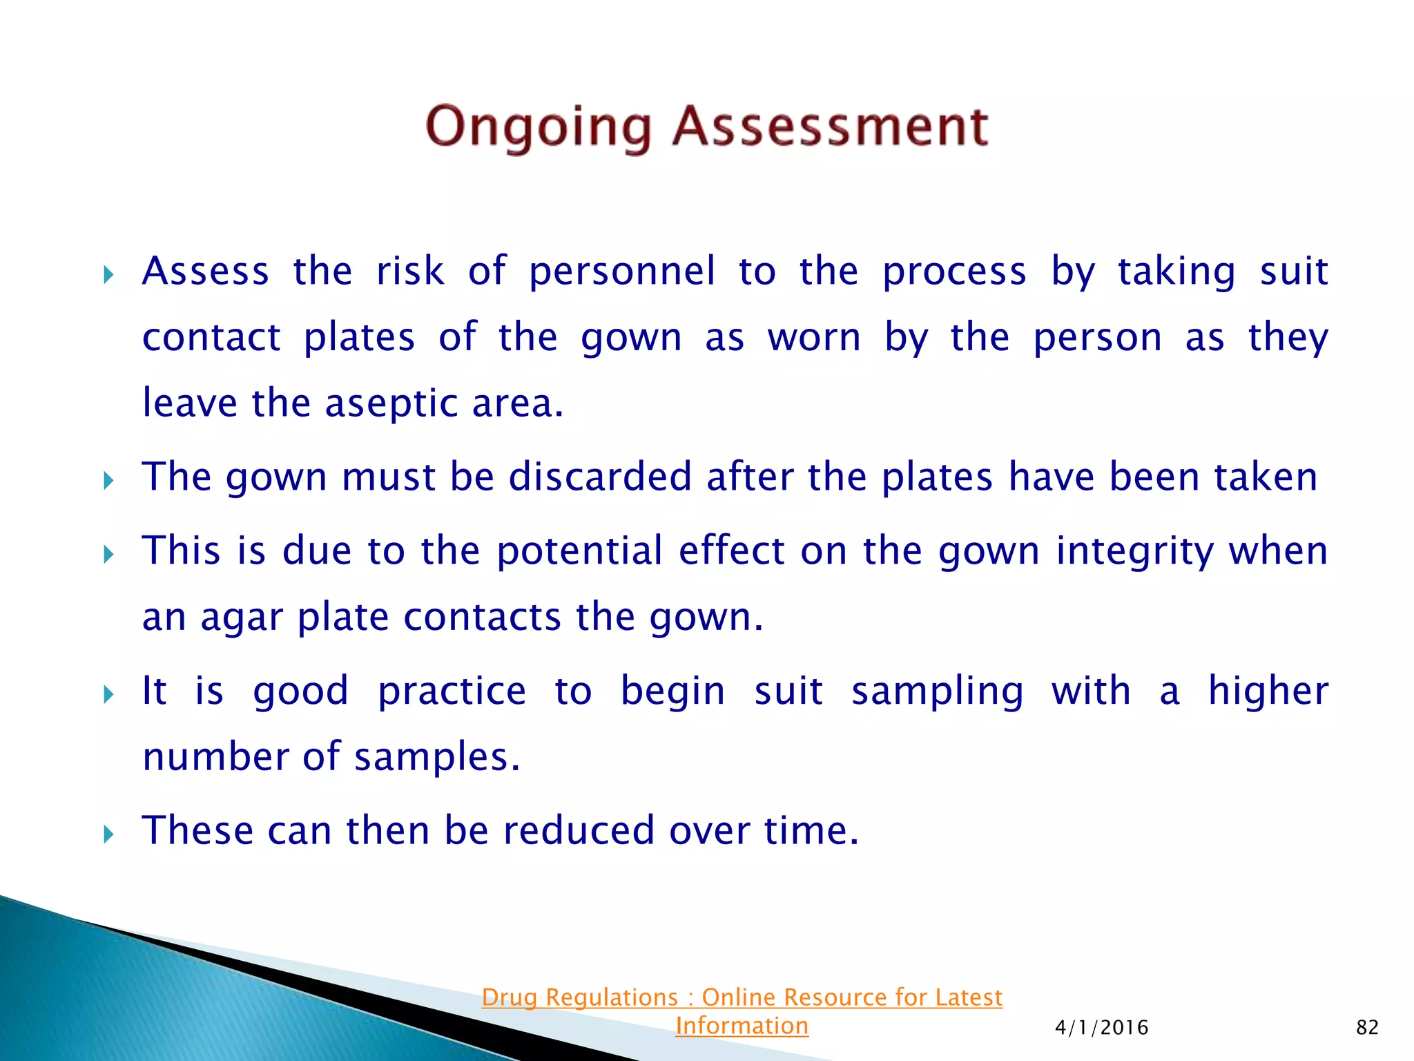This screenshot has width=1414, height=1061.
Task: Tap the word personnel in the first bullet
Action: point(622,271)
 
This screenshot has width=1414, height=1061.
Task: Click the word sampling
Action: point(937,691)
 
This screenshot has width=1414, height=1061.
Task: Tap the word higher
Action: point(1268,691)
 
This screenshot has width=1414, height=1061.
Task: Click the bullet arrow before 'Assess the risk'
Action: point(108,276)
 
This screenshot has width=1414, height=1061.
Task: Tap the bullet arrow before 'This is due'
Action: point(108,554)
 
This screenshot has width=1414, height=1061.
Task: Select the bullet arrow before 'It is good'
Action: point(108,694)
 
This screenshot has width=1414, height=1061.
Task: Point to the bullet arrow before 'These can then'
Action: point(108,834)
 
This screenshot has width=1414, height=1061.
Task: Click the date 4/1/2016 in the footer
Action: point(1101,1028)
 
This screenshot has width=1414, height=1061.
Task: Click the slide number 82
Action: point(1367,1028)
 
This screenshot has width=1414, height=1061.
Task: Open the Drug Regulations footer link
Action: point(742,997)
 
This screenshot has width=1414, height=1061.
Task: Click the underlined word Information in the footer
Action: point(742,1026)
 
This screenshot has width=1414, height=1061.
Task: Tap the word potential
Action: point(579,551)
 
